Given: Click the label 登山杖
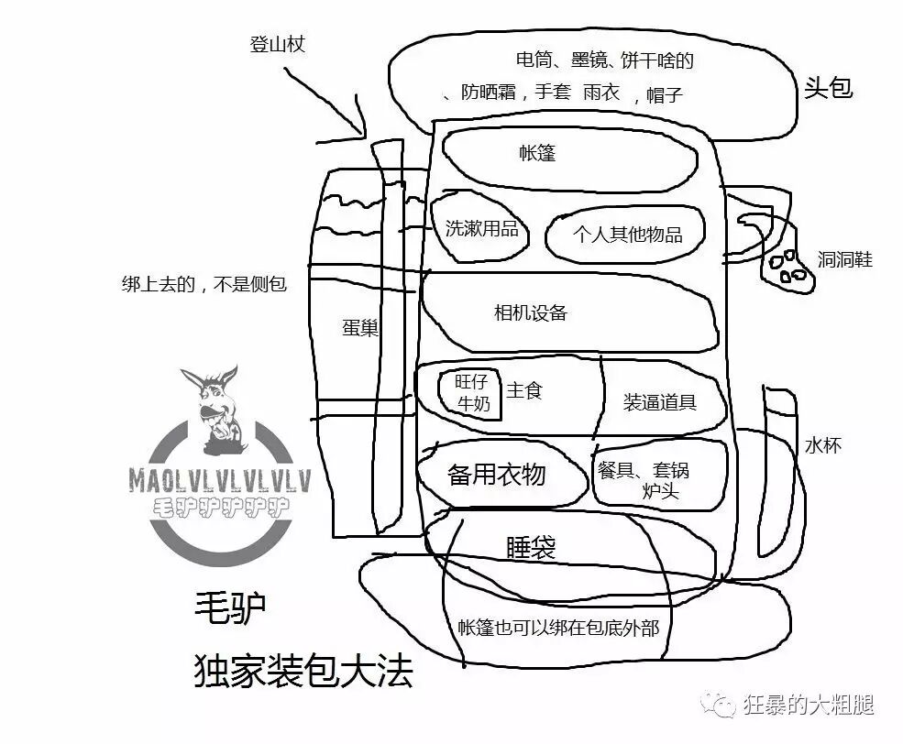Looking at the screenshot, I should [x=277, y=44].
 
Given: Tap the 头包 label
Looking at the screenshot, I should [x=829, y=88].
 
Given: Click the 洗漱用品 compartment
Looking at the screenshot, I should [x=481, y=228].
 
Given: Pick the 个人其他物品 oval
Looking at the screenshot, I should [x=627, y=234].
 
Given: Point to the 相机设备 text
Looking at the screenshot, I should [x=531, y=313].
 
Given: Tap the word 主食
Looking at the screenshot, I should [x=524, y=390].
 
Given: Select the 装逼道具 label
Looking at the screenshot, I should [x=660, y=401].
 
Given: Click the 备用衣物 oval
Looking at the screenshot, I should [x=497, y=475].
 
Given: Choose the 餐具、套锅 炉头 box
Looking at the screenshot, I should [x=656, y=478].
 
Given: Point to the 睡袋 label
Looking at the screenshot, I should [x=531, y=547].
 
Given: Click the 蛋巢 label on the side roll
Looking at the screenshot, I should [x=360, y=328].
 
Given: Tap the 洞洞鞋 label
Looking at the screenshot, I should [x=844, y=260].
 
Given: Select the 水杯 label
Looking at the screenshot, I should [x=822, y=446].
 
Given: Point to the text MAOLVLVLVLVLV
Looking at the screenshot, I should [x=220, y=478].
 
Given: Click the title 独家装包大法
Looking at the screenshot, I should [x=303, y=673].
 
